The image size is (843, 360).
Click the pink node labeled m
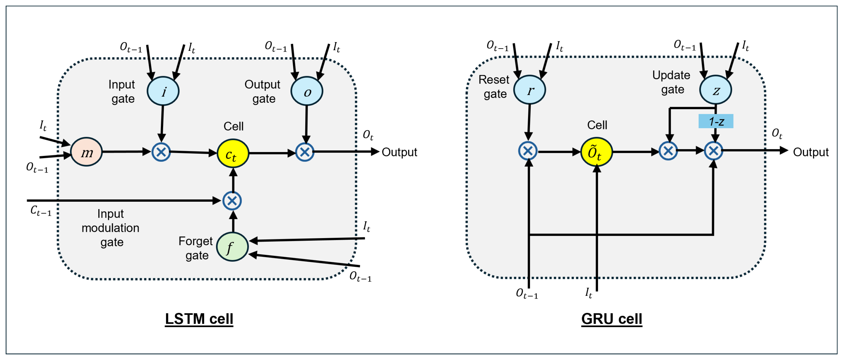pos(86,152)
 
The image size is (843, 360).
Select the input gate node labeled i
pos(163,91)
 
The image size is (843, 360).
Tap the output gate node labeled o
pos(307,92)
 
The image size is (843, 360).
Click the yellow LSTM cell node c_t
pos(233,153)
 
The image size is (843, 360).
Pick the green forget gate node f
pos(232,247)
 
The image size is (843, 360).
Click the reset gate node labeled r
pos(529,90)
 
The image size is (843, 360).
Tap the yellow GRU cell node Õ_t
pos(596,152)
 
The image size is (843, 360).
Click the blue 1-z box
pos(716,121)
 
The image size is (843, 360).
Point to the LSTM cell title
pos(199,319)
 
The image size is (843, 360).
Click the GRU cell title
pos(611,319)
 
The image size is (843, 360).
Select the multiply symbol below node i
pos(161,152)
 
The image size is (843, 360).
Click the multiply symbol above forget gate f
pos(232,201)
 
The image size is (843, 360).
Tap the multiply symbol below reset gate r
pos(528,151)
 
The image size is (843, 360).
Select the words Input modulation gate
pos(111,228)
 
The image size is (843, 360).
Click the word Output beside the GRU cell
pos(810,152)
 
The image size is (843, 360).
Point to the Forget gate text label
pos(196,248)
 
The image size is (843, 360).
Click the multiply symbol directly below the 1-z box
pos(713,151)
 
